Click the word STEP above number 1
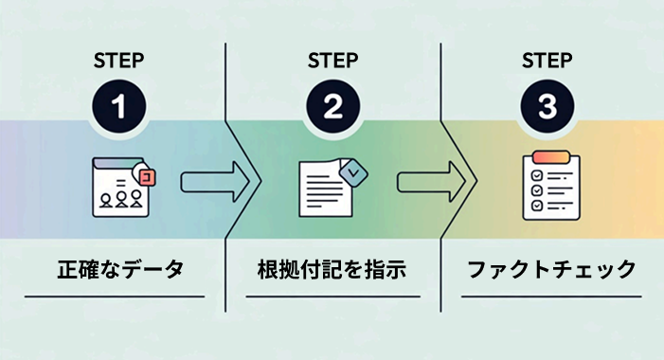[118, 61]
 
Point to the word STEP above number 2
[332, 61]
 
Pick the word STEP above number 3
[547, 61]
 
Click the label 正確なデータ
[117, 269]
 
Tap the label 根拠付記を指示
[332, 269]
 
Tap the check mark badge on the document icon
[354, 171]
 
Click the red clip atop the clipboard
[549, 156]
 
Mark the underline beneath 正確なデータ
[115, 297]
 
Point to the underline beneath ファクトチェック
[550, 297]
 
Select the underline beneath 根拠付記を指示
[332, 297]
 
